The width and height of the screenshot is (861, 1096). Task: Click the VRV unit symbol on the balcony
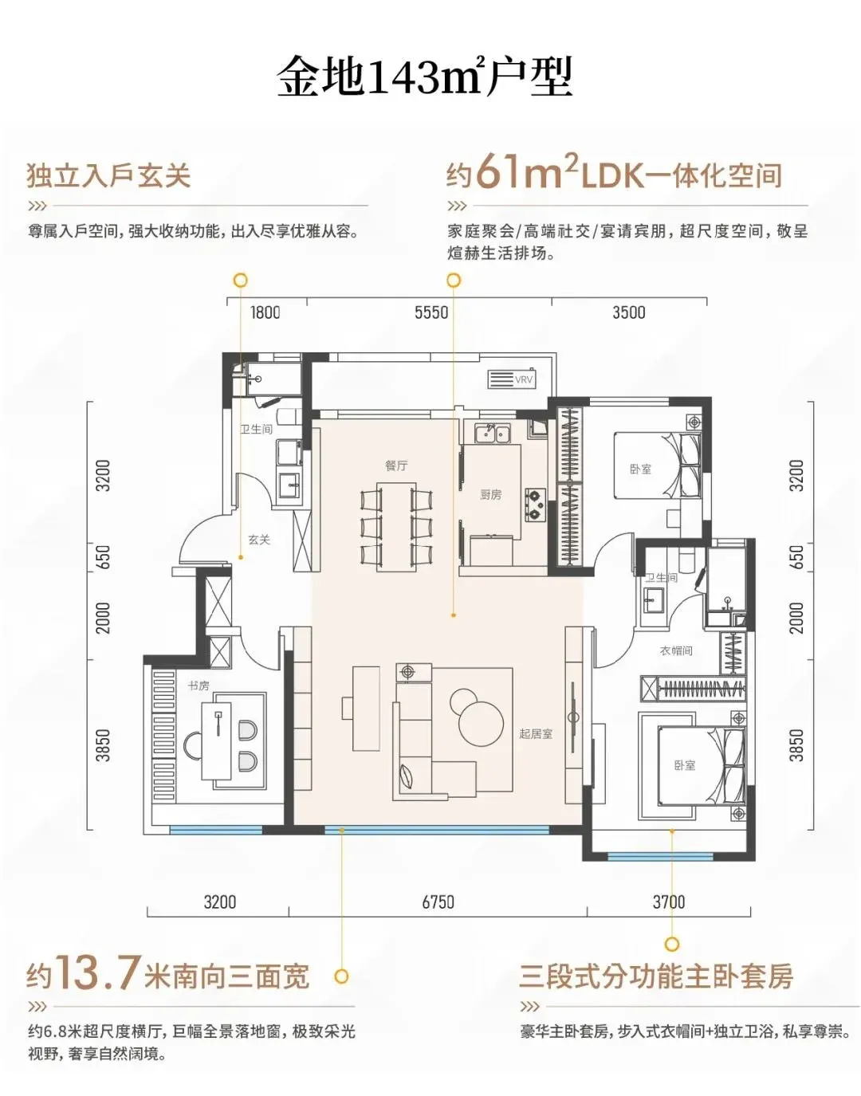tap(512, 379)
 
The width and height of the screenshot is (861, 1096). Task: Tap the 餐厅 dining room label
tap(396, 466)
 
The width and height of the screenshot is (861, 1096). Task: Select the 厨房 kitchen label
tap(491, 495)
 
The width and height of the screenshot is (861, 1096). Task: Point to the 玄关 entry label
tap(259, 540)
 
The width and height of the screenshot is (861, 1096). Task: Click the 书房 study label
tap(199, 685)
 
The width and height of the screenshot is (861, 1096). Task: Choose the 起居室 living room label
tap(536, 734)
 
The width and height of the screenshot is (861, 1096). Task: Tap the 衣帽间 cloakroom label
tap(676, 650)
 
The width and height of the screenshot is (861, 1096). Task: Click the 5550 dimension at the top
tap(431, 312)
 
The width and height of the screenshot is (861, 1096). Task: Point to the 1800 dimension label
tap(265, 312)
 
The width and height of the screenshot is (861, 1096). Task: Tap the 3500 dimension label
tap(629, 312)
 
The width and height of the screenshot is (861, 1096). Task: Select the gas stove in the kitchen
tap(536, 505)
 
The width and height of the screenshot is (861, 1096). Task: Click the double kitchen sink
tap(492, 433)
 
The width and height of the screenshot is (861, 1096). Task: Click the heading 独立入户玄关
tap(108, 176)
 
